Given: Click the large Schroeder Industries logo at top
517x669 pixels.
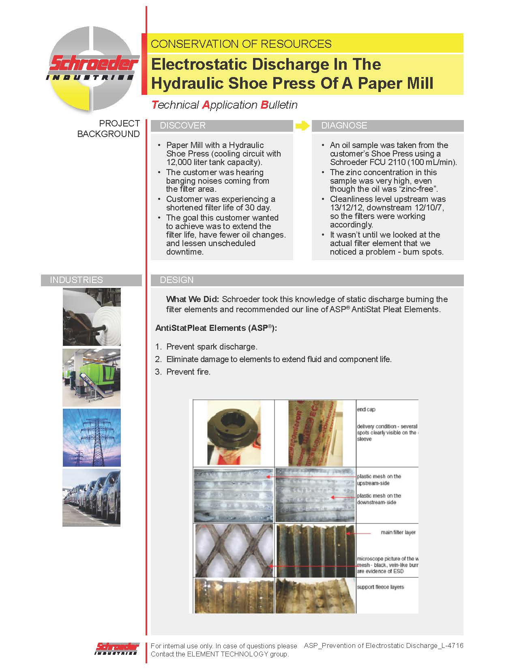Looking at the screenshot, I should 93,69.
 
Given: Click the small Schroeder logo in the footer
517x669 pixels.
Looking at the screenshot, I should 117,648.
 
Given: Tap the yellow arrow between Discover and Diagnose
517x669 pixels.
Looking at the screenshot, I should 302,126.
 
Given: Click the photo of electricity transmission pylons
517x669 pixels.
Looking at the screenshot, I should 92,438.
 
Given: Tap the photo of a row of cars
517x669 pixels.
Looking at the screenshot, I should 92,498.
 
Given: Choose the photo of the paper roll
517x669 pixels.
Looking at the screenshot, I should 92,317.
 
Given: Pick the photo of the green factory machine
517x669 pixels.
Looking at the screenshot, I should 92,377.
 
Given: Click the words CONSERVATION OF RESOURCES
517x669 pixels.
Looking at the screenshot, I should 241,44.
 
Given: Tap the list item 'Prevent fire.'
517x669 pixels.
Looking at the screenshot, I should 188,372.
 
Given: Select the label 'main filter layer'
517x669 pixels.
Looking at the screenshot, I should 398,532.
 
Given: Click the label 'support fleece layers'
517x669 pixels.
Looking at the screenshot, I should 380,587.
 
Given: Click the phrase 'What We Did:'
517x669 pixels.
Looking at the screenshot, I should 192,299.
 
